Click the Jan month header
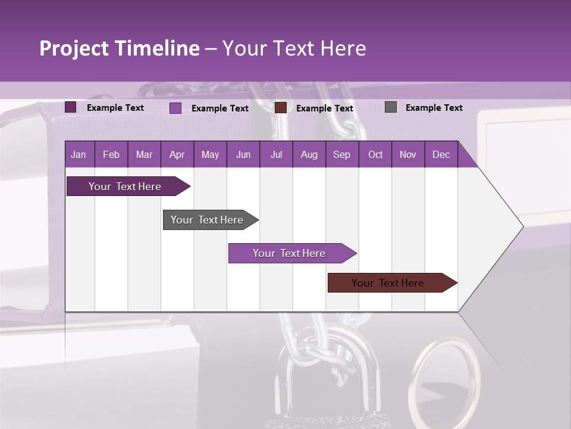tap(79, 155)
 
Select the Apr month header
tap(177, 155)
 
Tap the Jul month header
tap(276, 155)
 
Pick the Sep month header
tap(341, 155)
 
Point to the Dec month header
tap(441, 155)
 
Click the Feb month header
tap(111, 155)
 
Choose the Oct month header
tap(375, 155)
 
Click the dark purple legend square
tap(71, 107)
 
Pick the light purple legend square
tap(175, 108)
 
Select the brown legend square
tap(281, 108)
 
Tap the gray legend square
tap(391, 107)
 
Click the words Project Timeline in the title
tap(120, 48)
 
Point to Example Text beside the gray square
tap(434, 108)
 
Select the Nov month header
tap(408, 155)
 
